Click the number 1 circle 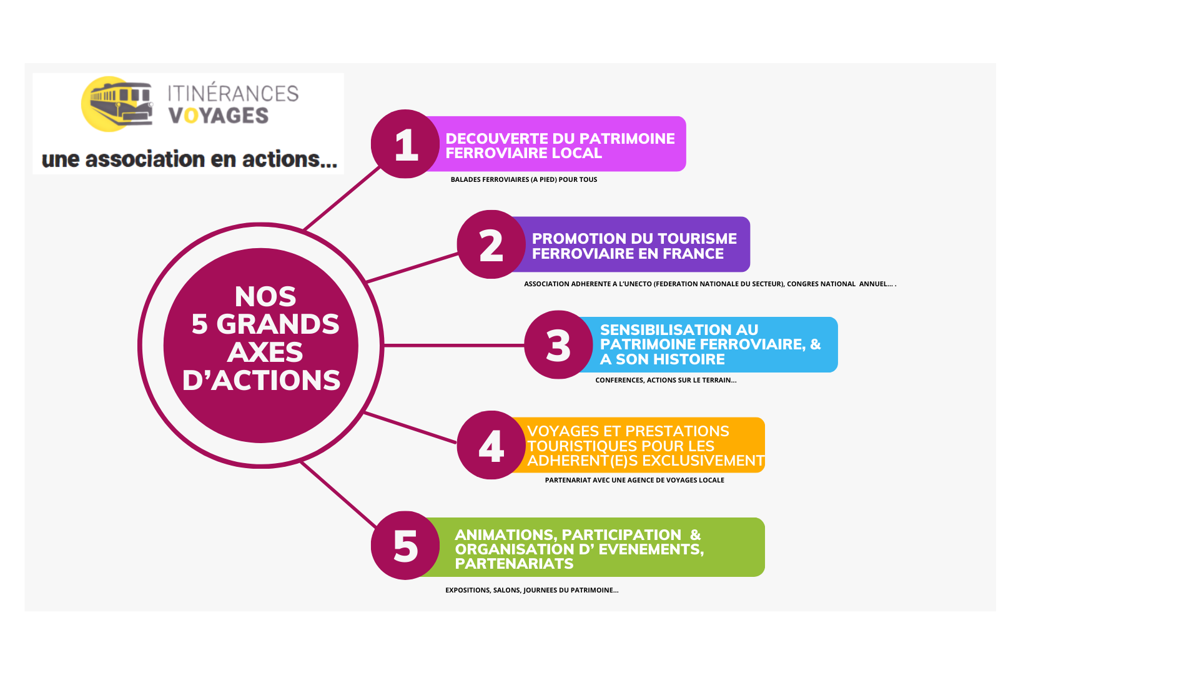click(405, 144)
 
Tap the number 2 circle click(491, 244)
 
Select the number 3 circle click(558, 345)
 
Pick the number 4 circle click(491, 445)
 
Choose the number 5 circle click(405, 546)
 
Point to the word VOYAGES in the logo click(219, 116)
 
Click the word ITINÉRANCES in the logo click(233, 93)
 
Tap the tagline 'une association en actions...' click(189, 159)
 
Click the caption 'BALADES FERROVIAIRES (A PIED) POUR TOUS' click(524, 179)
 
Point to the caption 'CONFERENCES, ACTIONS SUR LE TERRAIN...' click(666, 380)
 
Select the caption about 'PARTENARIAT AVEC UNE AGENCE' click(634, 480)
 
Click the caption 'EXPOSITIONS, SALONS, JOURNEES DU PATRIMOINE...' click(532, 590)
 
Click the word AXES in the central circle click(265, 352)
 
